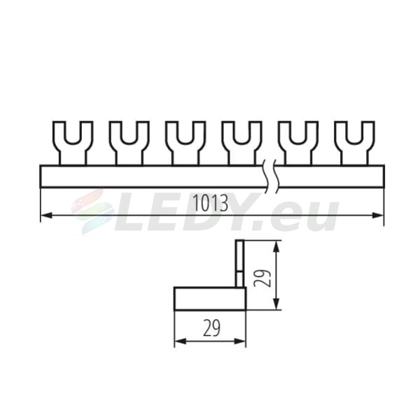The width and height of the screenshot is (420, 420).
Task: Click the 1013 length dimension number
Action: (x=211, y=203)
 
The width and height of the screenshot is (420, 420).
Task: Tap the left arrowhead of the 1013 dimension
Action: (x=47, y=215)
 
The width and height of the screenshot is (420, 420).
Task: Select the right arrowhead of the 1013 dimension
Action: (x=378, y=215)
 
